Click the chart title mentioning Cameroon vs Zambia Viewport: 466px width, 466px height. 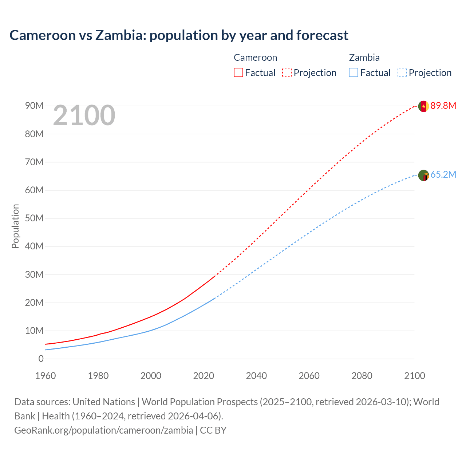pos(179,35)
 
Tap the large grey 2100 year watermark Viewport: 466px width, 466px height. pos(84,115)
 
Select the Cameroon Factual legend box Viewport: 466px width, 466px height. pos(238,72)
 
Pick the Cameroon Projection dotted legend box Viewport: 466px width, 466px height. pos(287,72)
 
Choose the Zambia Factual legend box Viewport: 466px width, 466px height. pos(354,72)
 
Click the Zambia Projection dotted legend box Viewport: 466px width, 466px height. pos(402,72)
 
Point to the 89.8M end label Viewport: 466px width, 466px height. pos(443,106)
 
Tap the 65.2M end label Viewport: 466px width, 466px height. pos(443,175)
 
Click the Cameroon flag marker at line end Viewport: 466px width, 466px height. pos(423,106)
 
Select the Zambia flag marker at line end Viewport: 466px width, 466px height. pos(423,175)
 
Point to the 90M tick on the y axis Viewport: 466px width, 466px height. pos(34,106)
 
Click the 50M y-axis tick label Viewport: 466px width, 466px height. pos(34,218)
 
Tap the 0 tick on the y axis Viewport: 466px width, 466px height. pos(41,359)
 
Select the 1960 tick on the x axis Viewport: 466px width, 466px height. pos(46,376)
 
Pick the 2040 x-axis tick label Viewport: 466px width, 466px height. pos(256,376)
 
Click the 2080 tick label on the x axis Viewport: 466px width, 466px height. pos(362,376)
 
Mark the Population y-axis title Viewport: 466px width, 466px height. pos(15,226)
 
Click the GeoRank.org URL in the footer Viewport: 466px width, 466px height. pos(103,430)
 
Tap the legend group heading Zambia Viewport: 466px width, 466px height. pos(364,58)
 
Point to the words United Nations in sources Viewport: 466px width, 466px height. pos(104,402)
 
